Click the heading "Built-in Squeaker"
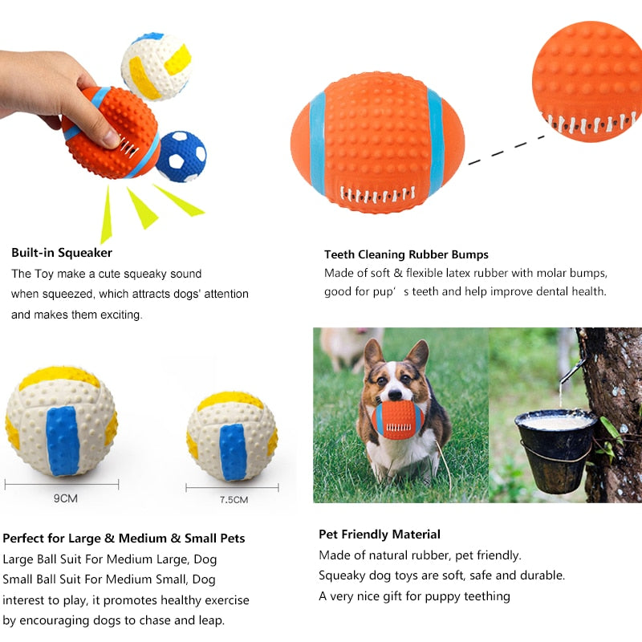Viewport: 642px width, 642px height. click(62, 253)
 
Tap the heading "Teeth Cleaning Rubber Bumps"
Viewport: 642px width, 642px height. click(406, 254)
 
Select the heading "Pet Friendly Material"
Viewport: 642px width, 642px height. click(380, 534)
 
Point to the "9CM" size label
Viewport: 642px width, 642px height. click(66, 498)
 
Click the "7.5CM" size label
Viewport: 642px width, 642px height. click(234, 500)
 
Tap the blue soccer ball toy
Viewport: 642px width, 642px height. click(181, 156)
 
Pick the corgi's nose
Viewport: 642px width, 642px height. click(395, 395)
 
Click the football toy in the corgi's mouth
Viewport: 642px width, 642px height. click(397, 420)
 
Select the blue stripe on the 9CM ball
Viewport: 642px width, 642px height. click(63, 441)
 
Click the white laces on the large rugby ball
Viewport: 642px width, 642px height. click(377, 194)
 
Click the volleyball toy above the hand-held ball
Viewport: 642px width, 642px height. click(156, 67)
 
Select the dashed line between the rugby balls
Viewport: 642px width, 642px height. click(506, 150)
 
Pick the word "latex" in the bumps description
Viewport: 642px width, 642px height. click(459, 273)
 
